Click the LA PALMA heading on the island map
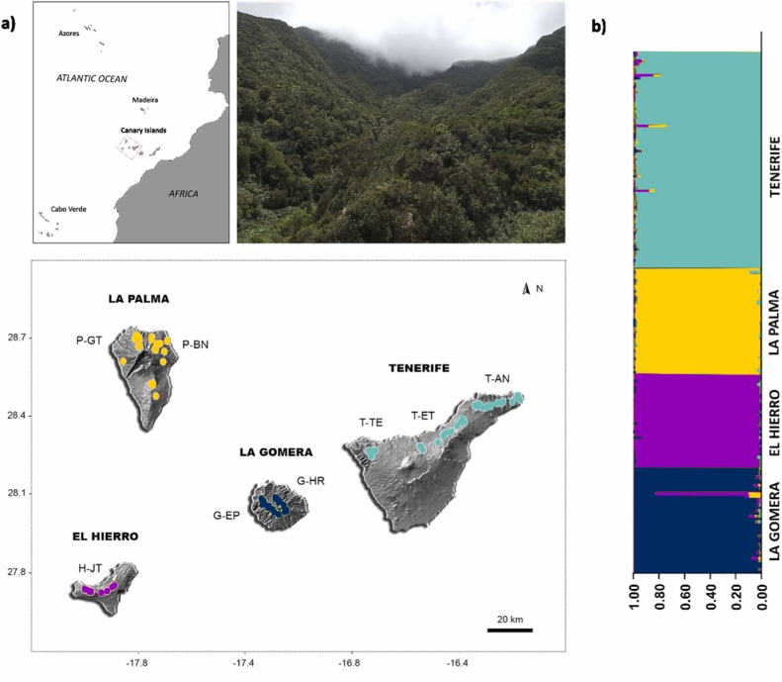[139, 298]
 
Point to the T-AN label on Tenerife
[499, 379]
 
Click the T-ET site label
[424, 415]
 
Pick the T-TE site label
[372, 423]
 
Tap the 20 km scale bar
[510, 628]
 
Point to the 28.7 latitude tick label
[44, 339]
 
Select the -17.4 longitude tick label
[244, 663]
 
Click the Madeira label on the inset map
[144, 100]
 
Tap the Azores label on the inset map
[67, 34]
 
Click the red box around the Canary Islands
[129, 146]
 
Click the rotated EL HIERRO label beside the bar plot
[773, 421]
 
